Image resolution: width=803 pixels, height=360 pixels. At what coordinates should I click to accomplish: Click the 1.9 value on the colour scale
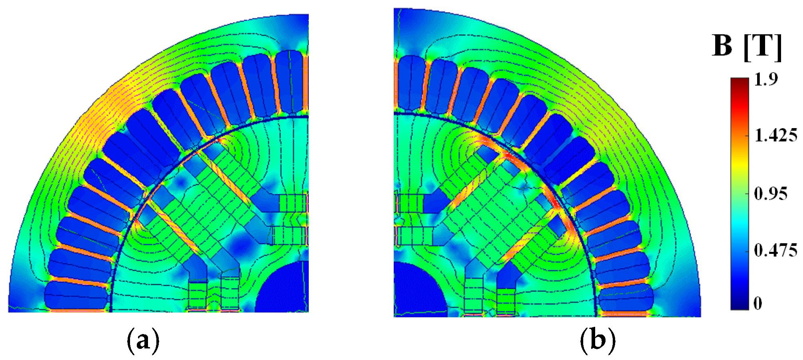[766, 79]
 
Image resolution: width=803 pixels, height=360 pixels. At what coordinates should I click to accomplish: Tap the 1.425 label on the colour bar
[776, 136]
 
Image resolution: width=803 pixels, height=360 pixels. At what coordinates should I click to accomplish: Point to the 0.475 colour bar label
[776, 251]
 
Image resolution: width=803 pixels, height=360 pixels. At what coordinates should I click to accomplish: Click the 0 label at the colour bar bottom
[758, 304]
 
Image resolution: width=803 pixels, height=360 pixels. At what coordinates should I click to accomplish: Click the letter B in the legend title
[722, 46]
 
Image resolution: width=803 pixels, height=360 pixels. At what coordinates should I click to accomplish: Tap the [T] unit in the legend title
[763, 47]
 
